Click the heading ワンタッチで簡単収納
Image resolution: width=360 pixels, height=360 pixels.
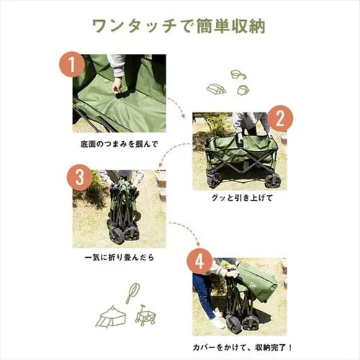pyautogui.click(x=179, y=26)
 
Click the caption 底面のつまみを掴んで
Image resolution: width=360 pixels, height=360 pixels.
pyautogui.click(x=118, y=144)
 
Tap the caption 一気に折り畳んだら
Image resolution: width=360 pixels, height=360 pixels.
pyautogui.click(x=118, y=256)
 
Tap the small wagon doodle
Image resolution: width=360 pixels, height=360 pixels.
pyautogui.click(x=145, y=315)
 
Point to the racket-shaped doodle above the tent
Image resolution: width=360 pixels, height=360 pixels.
pyautogui.click(x=132, y=292)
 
